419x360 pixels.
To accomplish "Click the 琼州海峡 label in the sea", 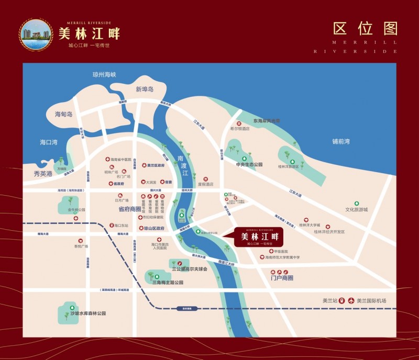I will pyautogui.click(x=104, y=75).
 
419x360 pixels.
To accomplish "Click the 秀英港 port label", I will pyautogui.click(x=43, y=173).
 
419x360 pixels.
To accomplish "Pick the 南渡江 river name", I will pyautogui.click(x=182, y=165).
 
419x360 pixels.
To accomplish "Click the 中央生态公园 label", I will pyautogui.click(x=249, y=164).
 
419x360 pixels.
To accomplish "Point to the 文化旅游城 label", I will pyautogui.click(x=357, y=209).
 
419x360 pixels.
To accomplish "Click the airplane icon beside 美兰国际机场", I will pyautogui.click(x=351, y=300).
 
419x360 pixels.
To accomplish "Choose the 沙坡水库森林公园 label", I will pyautogui.click(x=88, y=313).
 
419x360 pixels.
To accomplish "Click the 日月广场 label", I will pyautogui.click(x=122, y=200).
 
